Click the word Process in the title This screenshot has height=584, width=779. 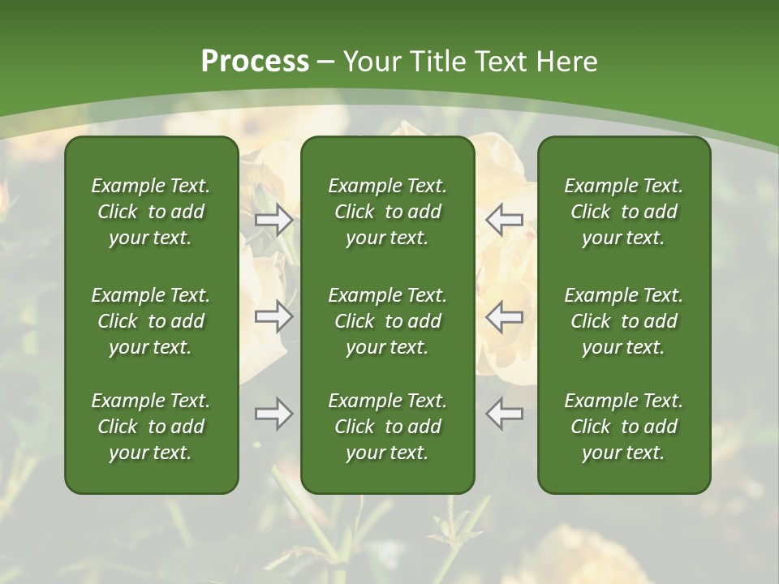click(255, 62)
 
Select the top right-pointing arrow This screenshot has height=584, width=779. click(274, 220)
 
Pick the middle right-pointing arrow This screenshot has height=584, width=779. click(274, 316)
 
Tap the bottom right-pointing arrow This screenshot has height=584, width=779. click(274, 414)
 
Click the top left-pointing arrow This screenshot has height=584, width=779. click(504, 220)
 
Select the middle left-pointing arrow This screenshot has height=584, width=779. click(504, 316)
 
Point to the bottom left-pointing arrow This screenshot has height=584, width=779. click(504, 414)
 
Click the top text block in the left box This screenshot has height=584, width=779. click(151, 212)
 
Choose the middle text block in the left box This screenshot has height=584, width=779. click(151, 321)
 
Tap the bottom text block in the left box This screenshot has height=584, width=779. click(151, 427)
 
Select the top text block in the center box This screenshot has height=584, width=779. click(388, 212)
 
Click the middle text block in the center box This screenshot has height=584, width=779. click(388, 321)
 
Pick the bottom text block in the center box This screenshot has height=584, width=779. click(388, 427)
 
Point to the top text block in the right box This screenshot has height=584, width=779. click(624, 212)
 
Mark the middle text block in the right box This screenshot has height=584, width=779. click(624, 321)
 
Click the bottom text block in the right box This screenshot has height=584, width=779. click(624, 427)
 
